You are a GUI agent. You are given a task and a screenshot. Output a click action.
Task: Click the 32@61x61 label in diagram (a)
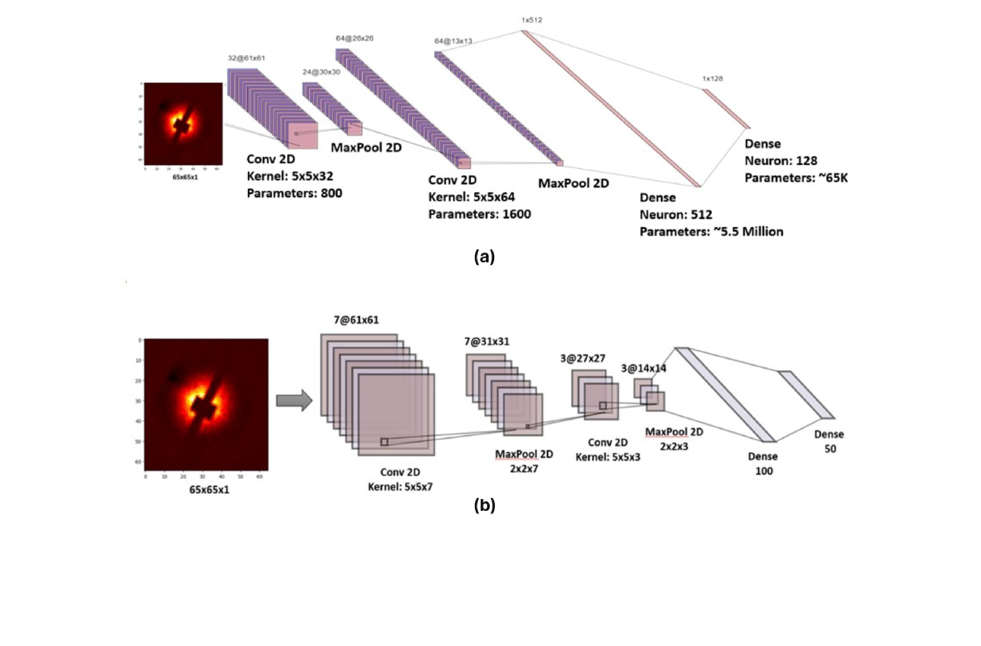tap(246, 58)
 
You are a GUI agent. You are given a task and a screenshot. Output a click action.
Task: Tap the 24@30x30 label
tap(321, 72)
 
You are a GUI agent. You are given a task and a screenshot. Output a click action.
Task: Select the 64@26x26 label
tap(355, 38)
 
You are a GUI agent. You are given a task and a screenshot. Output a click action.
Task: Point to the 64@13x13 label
tap(453, 41)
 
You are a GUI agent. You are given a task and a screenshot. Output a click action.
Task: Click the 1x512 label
tap(532, 20)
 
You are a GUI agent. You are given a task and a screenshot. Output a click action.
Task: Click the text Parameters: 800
tap(294, 193)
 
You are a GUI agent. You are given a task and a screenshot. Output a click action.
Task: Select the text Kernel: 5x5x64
tap(471, 197)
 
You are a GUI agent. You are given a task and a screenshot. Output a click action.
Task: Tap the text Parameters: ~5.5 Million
tap(711, 231)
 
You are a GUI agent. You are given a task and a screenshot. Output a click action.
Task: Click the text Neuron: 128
tap(780, 161)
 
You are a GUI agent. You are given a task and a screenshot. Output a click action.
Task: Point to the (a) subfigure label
tap(485, 257)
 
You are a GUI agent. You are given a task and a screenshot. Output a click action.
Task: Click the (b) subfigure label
tap(485, 505)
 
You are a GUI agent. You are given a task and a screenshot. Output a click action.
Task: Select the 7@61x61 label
tap(356, 320)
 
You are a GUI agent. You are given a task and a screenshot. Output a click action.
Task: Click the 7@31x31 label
tap(487, 341)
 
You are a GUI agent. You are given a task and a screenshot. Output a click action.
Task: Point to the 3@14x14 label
tap(643, 368)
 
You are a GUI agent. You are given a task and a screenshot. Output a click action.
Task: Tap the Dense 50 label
tap(829, 441)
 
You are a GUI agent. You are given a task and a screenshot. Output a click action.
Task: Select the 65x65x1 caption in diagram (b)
tap(209, 490)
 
